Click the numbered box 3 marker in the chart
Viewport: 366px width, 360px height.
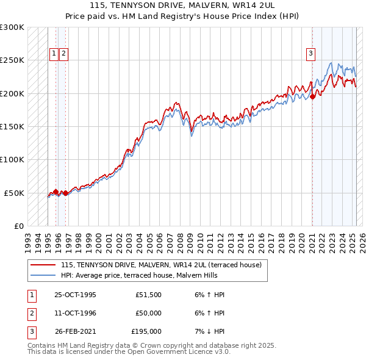[x=310, y=54]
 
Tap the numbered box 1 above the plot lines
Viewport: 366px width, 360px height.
[x=54, y=54]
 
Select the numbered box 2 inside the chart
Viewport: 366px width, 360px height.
[x=63, y=54]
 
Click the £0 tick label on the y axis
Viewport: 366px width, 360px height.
[x=18, y=226]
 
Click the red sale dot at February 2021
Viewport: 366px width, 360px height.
[x=312, y=96]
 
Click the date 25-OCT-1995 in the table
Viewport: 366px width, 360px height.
[x=75, y=295]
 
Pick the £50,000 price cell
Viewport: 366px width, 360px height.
[x=148, y=313]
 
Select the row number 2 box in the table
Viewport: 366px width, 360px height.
[x=31, y=313]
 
